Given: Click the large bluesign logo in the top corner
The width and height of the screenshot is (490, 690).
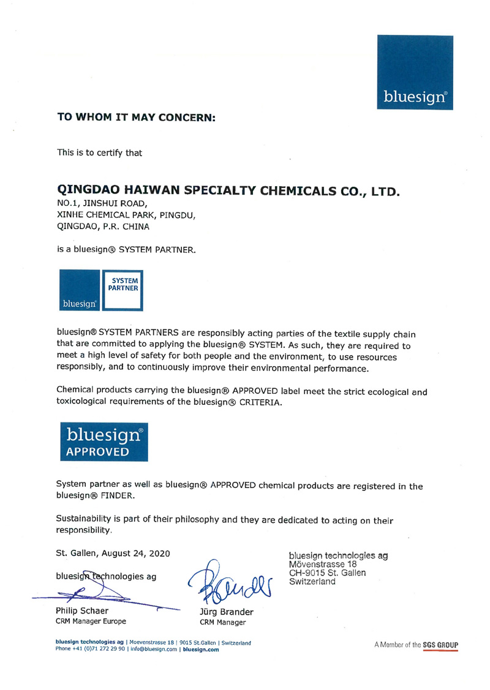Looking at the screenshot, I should point(415,72).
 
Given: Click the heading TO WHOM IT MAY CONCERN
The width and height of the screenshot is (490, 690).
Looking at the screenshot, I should point(136,116).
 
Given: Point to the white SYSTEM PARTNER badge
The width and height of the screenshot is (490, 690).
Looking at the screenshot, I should point(123,289).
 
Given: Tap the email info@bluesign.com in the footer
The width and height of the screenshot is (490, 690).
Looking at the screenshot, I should point(148,650).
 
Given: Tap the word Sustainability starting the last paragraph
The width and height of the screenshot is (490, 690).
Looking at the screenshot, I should point(86,520).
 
